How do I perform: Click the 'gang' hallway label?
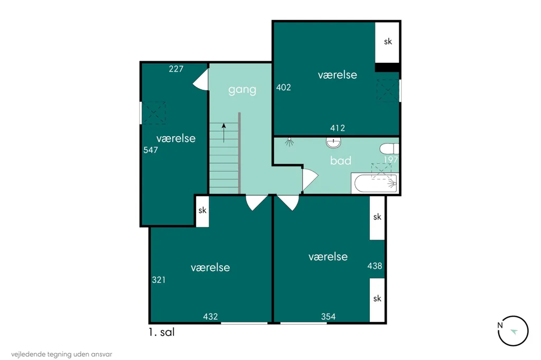tap(242, 90)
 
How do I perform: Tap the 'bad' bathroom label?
tap(341, 160)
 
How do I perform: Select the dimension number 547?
tap(151, 150)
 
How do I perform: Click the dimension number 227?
tap(176, 69)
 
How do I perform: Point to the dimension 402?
tap(284, 88)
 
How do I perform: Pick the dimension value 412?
tap(338, 128)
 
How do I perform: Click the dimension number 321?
tap(158, 280)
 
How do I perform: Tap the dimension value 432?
tap(210, 317)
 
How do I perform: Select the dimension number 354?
tap(328, 317)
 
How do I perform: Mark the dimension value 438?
tap(375, 266)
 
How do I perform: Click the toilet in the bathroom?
tap(389, 149)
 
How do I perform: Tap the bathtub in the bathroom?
tap(376, 184)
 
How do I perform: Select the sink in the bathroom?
tap(333, 143)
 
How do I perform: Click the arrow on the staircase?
tap(224, 133)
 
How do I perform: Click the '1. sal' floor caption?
tap(162, 332)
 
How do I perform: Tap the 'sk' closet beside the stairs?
tap(202, 211)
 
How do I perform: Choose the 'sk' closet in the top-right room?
tap(387, 42)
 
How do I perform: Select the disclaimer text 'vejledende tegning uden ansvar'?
tap(62, 354)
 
